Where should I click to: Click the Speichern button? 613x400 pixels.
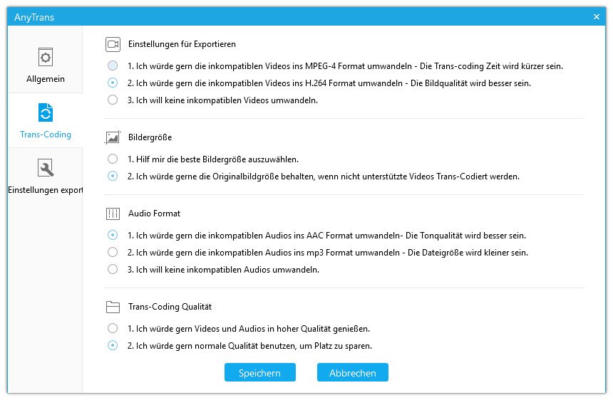pyautogui.click(x=259, y=373)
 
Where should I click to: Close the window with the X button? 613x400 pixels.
pyautogui.click(x=597, y=16)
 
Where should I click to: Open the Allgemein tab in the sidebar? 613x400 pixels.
pyautogui.click(x=46, y=65)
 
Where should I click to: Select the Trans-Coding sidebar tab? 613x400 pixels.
pyautogui.click(x=46, y=120)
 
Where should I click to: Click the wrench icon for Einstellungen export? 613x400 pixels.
pyautogui.click(x=46, y=168)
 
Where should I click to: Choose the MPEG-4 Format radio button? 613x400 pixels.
pyautogui.click(x=113, y=66)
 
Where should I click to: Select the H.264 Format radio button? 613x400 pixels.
pyautogui.click(x=113, y=83)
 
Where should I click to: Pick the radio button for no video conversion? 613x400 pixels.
pyautogui.click(x=113, y=100)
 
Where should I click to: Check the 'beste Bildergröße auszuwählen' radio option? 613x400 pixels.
pyautogui.click(x=113, y=159)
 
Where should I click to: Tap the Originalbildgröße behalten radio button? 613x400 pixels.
pyautogui.click(x=113, y=176)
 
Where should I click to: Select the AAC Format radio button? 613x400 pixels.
pyautogui.click(x=113, y=235)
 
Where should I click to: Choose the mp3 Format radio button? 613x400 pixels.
pyautogui.click(x=113, y=252)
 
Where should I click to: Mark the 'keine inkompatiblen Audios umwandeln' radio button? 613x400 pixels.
pyautogui.click(x=113, y=269)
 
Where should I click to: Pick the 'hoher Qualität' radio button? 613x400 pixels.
pyautogui.click(x=113, y=329)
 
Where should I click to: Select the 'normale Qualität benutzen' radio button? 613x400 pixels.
pyautogui.click(x=113, y=346)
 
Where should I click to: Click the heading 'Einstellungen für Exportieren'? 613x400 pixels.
pyautogui.click(x=182, y=44)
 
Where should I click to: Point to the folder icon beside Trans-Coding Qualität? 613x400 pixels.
pyautogui.click(x=113, y=307)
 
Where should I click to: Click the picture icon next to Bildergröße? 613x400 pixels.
pyautogui.click(x=113, y=137)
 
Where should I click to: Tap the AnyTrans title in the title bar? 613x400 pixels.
pyautogui.click(x=34, y=16)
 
